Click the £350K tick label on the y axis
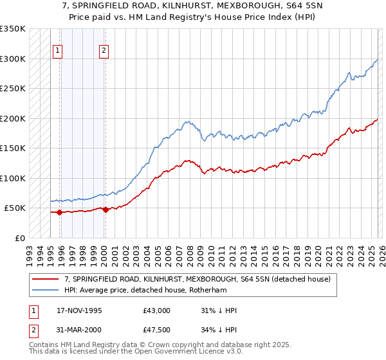click(x=12, y=29)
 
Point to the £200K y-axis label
click(x=12, y=118)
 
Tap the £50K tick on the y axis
click(x=15, y=208)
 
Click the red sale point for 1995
click(x=59, y=212)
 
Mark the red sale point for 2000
click(x=106, y=210)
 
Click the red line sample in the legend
click(x=46, y=279)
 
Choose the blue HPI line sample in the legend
click(x=46, y=290)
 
